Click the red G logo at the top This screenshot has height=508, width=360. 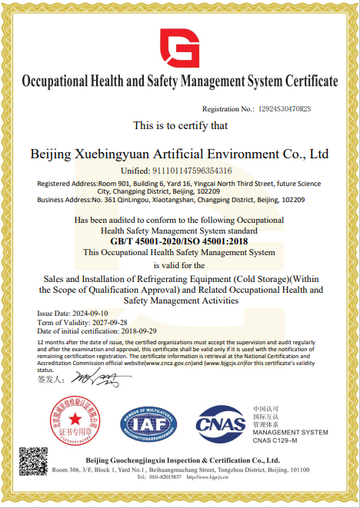pos(180,48)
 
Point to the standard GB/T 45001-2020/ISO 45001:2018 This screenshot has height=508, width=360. pos(180,241)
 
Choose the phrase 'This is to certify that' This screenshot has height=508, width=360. pos(180,125)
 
